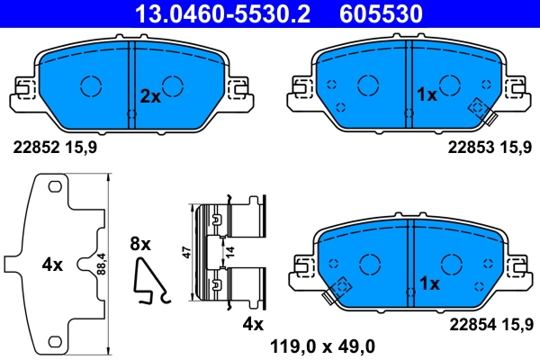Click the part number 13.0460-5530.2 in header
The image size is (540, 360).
(216, 13)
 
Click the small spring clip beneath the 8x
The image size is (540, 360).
(148, 280)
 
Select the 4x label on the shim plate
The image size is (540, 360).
(52, 265)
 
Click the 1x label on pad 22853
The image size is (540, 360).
(427, 94)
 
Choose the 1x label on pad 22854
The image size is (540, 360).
(429, 283)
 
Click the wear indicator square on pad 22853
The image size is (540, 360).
(476, 107)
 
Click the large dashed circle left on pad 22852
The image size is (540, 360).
(91, 85)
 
